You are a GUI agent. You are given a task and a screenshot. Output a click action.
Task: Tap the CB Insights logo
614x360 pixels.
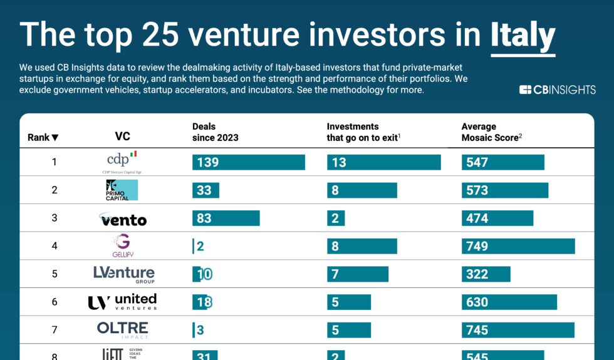pos(557,90)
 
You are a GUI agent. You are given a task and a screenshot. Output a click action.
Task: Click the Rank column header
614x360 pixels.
pos(43,137)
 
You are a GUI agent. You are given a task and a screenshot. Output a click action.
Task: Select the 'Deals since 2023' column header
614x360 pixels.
pos(215,132)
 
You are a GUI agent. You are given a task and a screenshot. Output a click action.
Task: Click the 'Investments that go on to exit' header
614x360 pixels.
pos(363,132)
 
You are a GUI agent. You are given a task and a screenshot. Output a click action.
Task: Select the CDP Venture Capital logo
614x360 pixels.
pos(122,162)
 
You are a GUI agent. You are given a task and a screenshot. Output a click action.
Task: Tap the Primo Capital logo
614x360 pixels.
pos(122,190)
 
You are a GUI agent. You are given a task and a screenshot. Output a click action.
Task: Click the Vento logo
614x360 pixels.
pos(123,219)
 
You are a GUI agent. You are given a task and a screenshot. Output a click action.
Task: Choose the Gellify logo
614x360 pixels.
pos(122,245)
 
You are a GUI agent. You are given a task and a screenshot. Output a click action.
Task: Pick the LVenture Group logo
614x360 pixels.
pos(123,274)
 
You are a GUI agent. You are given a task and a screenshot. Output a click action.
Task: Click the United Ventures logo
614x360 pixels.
pos(122,302)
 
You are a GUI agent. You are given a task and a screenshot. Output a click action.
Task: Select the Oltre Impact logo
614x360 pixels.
pos(122,329)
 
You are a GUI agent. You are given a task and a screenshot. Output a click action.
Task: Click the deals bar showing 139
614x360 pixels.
pos(248,162)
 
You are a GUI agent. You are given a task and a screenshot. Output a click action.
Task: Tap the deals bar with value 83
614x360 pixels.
pos(226,219)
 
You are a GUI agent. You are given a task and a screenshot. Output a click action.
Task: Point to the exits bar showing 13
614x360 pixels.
pos(383,162)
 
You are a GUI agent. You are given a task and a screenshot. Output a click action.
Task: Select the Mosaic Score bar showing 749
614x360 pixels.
pos(518,246)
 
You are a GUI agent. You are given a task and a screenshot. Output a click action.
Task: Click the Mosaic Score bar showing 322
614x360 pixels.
pos(486,274)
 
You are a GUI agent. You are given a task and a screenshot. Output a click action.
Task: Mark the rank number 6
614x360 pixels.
pos(55,302)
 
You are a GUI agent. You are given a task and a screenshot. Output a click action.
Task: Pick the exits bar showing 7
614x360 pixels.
pos(357,274)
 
